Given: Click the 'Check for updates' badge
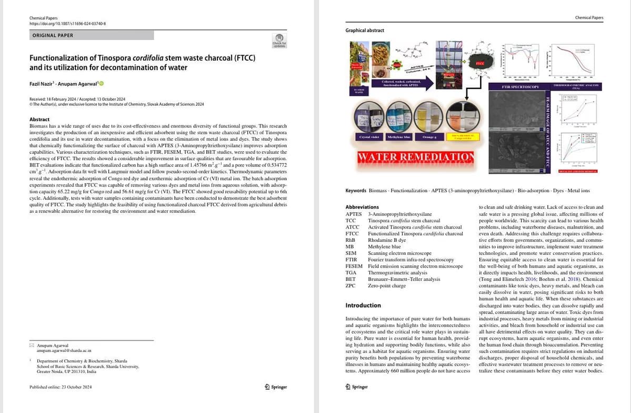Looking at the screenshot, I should click(x=279, y=41).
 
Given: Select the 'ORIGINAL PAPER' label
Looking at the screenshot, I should click(x=53, y=35).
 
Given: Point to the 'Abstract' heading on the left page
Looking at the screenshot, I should click(x=39, y=120).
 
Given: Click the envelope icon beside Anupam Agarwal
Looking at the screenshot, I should click(x=32, y=345).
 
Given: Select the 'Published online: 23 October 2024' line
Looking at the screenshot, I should click(x=61, y=387).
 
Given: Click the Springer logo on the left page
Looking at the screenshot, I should click(x=275, y=387).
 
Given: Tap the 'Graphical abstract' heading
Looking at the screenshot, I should click(x=365, y=31).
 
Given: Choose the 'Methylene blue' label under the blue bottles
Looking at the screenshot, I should click(x=398, y=136).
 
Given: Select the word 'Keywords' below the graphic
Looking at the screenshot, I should click(x=356, y=190).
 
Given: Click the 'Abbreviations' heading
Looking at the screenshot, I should click(x=362, y=208).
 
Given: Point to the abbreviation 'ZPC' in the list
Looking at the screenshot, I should click(x=350, y=286).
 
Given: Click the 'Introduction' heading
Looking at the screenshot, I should click(x=363, y=306).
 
